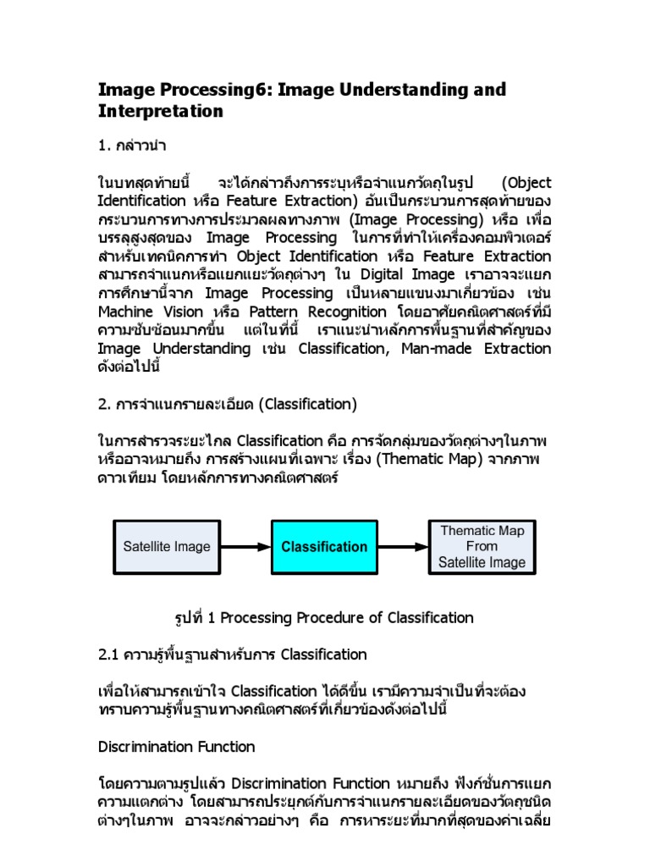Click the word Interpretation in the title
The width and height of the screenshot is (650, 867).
pos(161,111)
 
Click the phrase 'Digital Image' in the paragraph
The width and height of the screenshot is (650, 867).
pos(410,274)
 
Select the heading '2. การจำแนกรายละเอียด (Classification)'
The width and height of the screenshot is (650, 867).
pos(228,403)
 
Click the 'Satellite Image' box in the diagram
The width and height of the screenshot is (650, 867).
pos(167,546)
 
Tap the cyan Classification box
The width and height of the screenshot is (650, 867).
pos(324,546)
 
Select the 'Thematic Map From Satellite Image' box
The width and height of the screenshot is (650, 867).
pos(482,546)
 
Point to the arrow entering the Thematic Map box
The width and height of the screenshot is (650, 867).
pos(403,546)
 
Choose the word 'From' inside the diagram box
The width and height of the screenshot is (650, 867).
pos(482,546)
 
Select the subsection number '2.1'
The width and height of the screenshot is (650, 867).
pos(110,654)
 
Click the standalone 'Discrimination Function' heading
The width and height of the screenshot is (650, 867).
pos(176,746)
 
